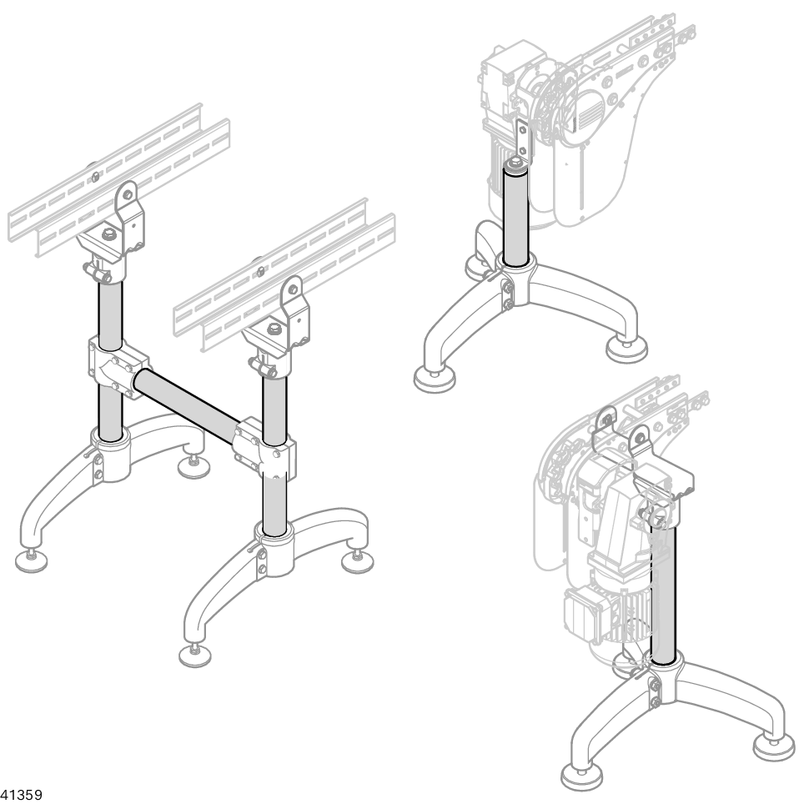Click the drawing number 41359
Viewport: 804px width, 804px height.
coord(22,795)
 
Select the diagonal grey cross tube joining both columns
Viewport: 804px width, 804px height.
coord(187,405)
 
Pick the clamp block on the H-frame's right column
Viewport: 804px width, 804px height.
coord(264,447)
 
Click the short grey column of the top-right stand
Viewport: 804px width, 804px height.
coord(516,215)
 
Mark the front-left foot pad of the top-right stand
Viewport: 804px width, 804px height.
coord(435,380)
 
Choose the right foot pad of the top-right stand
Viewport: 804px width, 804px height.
coord(626,350)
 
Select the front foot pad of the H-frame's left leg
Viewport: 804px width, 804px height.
coord(32,560)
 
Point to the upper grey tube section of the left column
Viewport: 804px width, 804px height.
coord(110,313)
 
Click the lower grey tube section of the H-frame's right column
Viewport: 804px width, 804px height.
coord(274,504)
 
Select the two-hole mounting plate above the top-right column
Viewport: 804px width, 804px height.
coord(521,138)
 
